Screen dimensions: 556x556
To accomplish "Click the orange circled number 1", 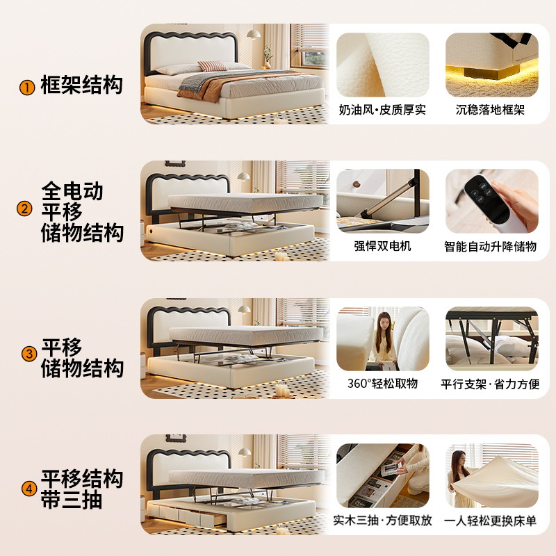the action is click(27, 88).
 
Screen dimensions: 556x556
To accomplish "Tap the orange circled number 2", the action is click(24, 208).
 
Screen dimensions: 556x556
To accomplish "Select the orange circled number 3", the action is click(29, 354).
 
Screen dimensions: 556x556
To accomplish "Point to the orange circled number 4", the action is click(29, 489).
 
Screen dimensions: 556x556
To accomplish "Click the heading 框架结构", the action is click(81, 85).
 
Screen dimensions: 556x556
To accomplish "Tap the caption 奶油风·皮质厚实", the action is click(382, 110).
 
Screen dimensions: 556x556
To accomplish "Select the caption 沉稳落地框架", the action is click(490, 110).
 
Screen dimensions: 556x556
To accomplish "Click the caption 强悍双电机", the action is click(383, 246).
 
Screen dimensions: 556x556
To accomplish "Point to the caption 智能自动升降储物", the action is click(491, 247).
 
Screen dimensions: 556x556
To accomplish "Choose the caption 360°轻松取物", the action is click(383, 384).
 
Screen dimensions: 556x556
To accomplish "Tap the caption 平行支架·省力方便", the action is click(491, 384).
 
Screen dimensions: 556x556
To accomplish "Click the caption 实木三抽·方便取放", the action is click(383, 520).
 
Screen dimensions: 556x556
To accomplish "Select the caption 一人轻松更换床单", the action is click(491, 521).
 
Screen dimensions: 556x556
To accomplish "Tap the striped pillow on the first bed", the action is click(212, 66).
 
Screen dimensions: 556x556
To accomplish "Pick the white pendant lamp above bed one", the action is click(254, 34).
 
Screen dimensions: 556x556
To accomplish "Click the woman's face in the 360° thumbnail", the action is click(385, 322).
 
